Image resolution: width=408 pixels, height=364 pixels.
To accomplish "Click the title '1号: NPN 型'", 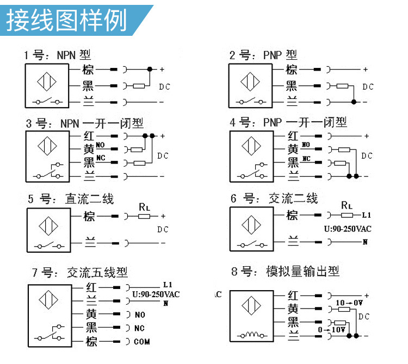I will pyautogui.click(x=57, y=55).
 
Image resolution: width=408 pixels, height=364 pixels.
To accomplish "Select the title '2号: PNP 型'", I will pyautogui.click(x=263, y=55).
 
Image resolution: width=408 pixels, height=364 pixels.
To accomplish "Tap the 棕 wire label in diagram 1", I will pyautogui.click(x=88, y=70).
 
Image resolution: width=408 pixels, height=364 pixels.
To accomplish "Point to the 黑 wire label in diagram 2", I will pyautogui.click(x=292, y=86).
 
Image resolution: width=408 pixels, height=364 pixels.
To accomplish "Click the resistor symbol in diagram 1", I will pyautogui.click(x=139, y=86).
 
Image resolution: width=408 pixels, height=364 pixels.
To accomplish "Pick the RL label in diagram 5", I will pyautogui.click(x=144, y=206).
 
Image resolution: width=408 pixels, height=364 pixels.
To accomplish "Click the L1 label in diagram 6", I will pyautogui.click(x=366, y=215).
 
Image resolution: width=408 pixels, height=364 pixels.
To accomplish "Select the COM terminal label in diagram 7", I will pyautogui.click(x=142, y=342).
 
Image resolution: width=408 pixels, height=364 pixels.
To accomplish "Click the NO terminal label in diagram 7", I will pyautogui.click(x=140, y=315).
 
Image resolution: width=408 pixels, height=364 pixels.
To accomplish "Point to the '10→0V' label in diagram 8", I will pyautogui.click(x=349, y=302).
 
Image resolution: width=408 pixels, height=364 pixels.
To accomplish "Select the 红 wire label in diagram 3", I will pyautogui.click(x=89, y=135).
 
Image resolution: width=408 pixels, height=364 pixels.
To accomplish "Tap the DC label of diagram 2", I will pyautogui.click(x=368, y=87).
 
